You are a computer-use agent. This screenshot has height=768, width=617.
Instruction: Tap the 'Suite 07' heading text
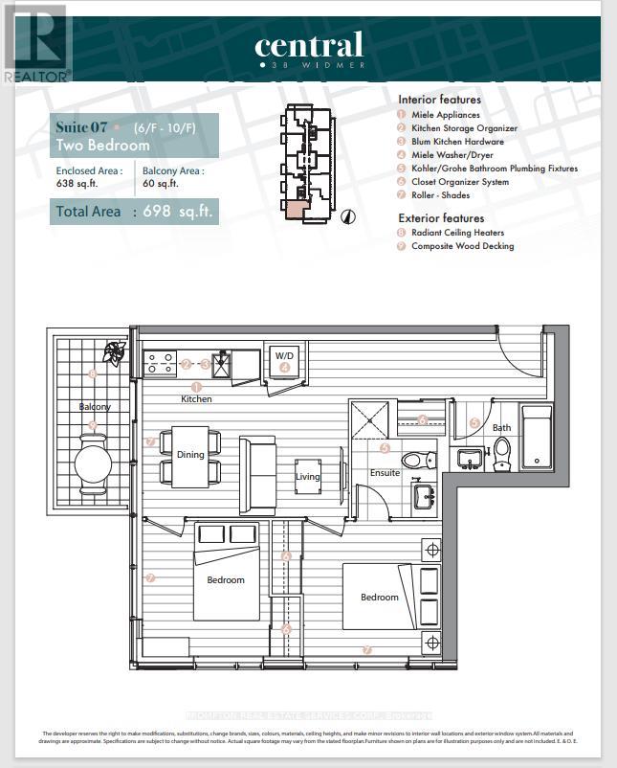pos(80,126)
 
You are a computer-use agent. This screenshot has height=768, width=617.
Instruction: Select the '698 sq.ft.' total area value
pos(178,211)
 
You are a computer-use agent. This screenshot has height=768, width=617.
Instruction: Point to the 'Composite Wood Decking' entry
pos(462,246)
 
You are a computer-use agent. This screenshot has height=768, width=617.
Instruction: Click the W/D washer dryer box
pos(285,360)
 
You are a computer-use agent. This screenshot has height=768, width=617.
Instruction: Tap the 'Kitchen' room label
pos(196,398)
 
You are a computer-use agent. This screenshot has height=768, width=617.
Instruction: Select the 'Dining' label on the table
pos(190,455)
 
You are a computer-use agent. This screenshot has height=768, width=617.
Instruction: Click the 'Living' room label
pos(308,476)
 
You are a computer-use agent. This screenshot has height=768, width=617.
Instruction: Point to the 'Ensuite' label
pos(386,473)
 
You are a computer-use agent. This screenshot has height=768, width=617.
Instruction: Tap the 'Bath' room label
pos(502,428)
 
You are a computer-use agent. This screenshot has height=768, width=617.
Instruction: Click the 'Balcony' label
pos(95,407)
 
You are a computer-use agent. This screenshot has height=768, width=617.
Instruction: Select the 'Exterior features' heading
pos(440,218)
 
